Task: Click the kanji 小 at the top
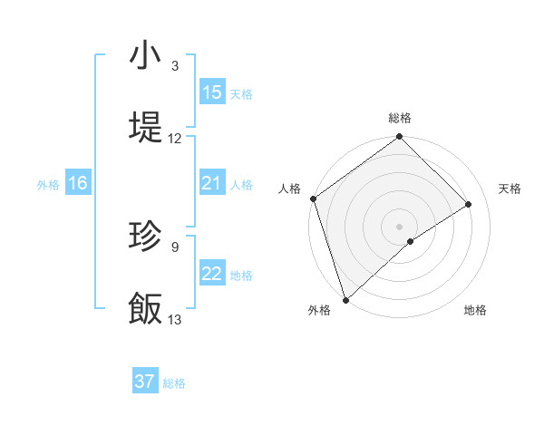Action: (x=145, y=55)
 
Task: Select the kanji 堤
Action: (x=145, y=127)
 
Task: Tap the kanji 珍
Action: (x=145, y=237)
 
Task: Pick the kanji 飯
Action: (x=145, y=308)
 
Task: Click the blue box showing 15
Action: (x=211, y=92)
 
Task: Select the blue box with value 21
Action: (x=211, y=183)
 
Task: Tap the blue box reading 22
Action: (x=211, y=274)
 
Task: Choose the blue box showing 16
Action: (x=77, y=183)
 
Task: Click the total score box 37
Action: (x=145, y=382)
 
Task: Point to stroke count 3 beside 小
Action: (x=175, y=66)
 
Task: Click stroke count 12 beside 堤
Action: (x=175, y=139)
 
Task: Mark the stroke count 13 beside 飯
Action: (x=175, y=320)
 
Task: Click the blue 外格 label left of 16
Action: (x=48, y=184)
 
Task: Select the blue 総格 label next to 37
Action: (x=174, y=383)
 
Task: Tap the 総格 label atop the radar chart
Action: (x=399, y=118)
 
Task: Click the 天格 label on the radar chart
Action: (x=510, y=189)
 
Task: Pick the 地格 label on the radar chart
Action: (x=475, y=311)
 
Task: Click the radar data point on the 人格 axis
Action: (x=313, y=198)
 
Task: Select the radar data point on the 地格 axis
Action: (x=411, y=241)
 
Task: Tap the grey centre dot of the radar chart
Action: (x=399, y=226)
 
